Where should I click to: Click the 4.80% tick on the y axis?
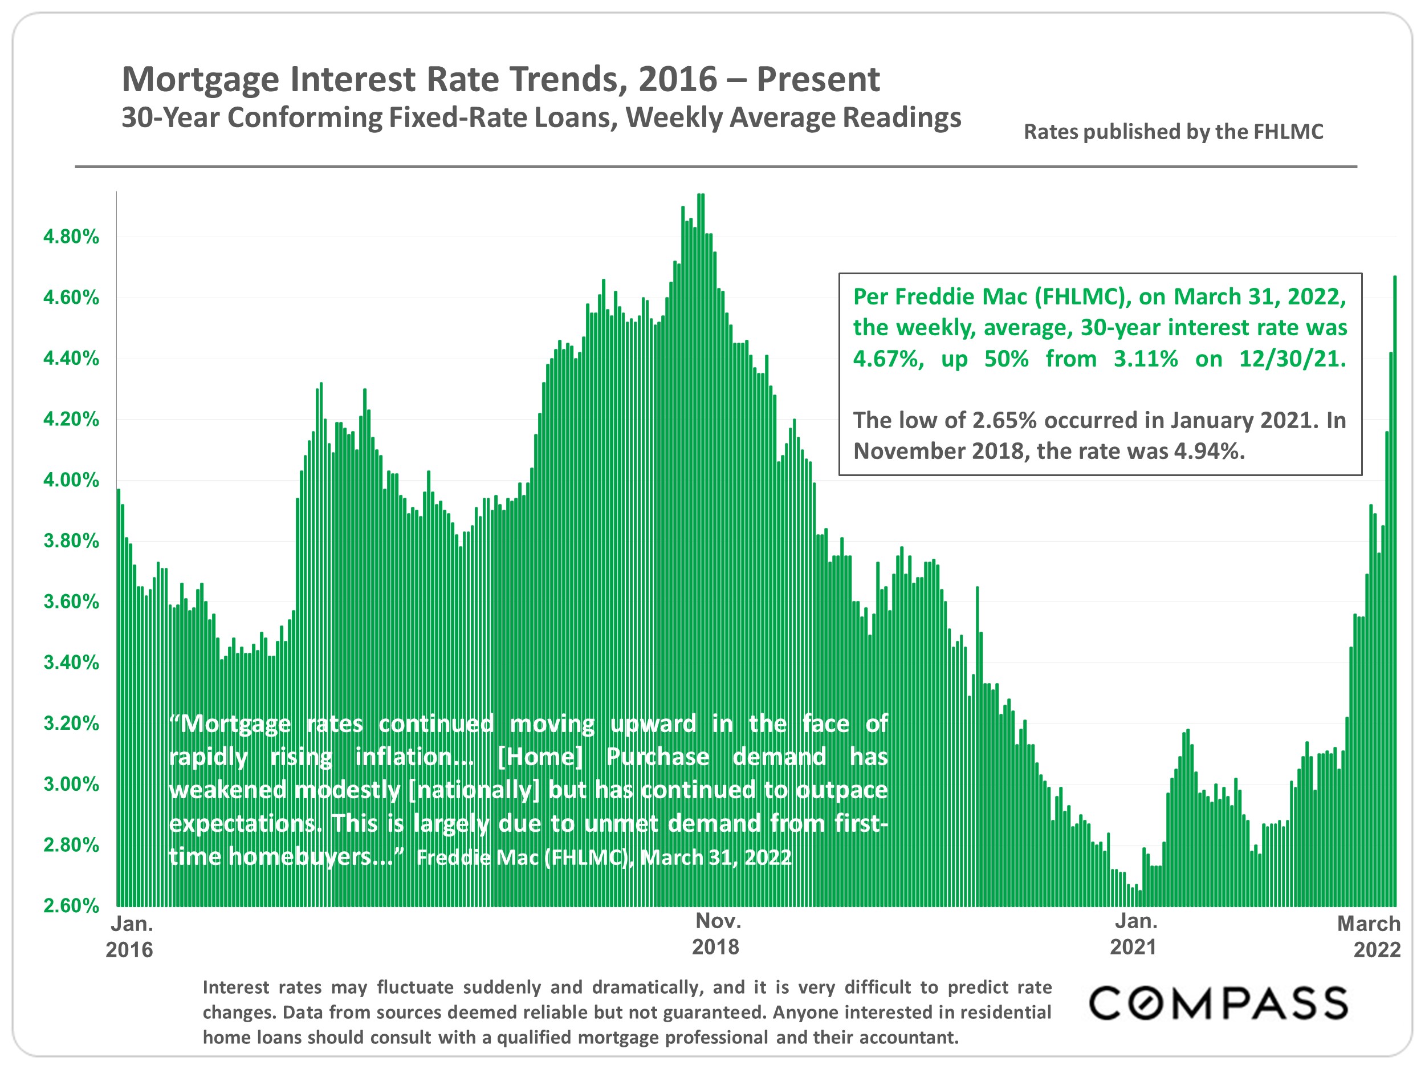click(x=71, y=237)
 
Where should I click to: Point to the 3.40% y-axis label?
click(x=71, y=662)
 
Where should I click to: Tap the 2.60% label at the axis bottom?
click(x=71, y=905)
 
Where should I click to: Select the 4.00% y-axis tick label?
click(x=71, y=480)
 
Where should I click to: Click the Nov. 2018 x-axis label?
click(x=717, y=934)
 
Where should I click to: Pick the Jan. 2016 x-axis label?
click(x=130, y=937)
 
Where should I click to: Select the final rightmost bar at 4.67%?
click(x=1395, y=580)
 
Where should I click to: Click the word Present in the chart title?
click(x=817, y=79)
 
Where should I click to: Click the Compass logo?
click(x=1218, y=1003)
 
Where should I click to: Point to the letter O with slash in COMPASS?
click(x=1153, y=1003)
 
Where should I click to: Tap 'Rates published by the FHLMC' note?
click(x=1173, y=132)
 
